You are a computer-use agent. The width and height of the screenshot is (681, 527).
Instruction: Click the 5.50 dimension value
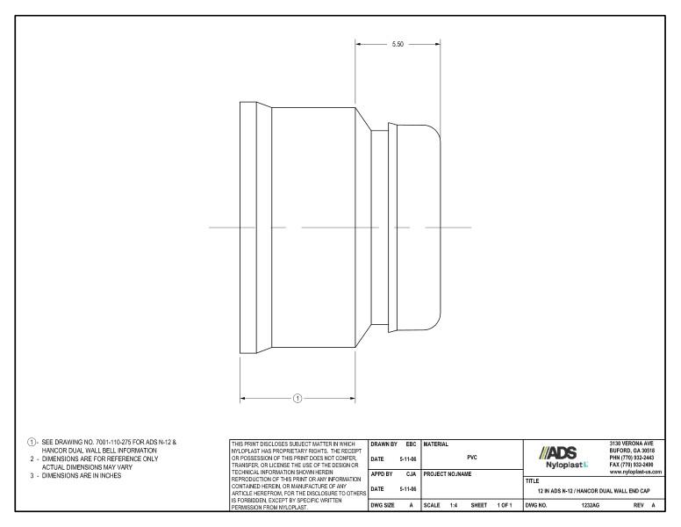398,43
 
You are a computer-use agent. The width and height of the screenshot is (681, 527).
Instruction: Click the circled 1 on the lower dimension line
297,398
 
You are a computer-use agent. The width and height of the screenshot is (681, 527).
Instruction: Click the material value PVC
472,458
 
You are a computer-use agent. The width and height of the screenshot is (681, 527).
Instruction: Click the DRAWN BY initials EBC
410,444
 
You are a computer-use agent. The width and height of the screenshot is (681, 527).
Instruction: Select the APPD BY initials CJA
410,474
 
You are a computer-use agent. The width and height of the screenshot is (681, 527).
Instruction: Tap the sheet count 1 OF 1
505,506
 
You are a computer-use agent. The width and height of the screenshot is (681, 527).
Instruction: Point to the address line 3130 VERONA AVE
634,444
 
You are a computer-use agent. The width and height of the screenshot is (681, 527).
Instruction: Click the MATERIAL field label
436,444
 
